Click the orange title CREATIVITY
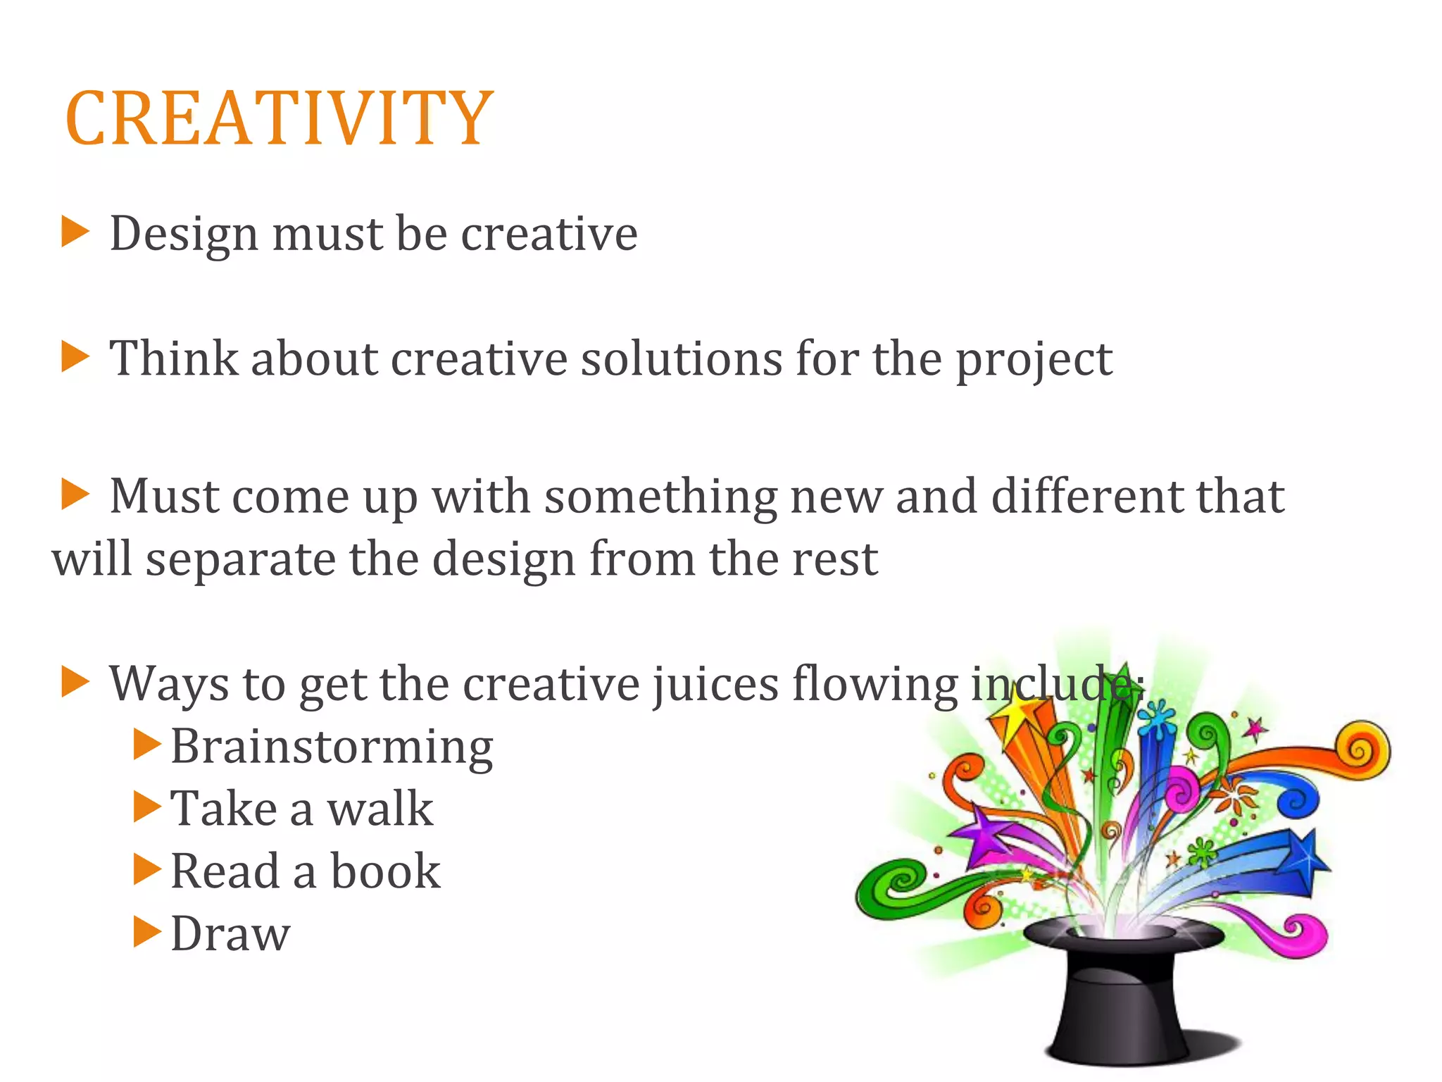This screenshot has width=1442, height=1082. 279,118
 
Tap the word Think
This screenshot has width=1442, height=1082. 173,359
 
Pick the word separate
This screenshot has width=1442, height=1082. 239,560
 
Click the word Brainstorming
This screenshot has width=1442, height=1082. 332,747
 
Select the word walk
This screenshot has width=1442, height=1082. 380,809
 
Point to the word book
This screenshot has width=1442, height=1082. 385,871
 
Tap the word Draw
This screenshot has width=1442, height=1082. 230,934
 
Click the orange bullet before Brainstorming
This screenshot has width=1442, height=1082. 147,744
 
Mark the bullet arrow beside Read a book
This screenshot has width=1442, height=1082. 147,869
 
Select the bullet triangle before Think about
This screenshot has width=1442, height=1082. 75,356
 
